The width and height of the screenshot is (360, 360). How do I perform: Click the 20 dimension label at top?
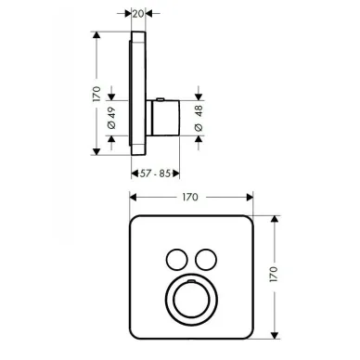[x=138, y=14]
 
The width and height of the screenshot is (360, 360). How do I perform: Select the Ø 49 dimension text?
[x=111, y=118]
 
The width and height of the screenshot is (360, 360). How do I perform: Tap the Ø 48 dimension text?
[x=199, y=119]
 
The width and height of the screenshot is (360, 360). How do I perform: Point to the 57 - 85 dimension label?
[x=155, y=174]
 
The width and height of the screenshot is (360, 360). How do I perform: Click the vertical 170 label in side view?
[x=96, y=94]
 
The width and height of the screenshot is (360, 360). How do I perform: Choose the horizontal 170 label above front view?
[x=190, y=197]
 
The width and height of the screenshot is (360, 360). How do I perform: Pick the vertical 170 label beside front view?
[x=274, y=274]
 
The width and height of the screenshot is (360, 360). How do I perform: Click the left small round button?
[x=177, y=260]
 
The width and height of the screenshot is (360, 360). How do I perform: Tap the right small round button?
[x=206, y=260]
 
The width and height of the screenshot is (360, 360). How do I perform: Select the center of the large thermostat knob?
[x=191, y=300]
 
